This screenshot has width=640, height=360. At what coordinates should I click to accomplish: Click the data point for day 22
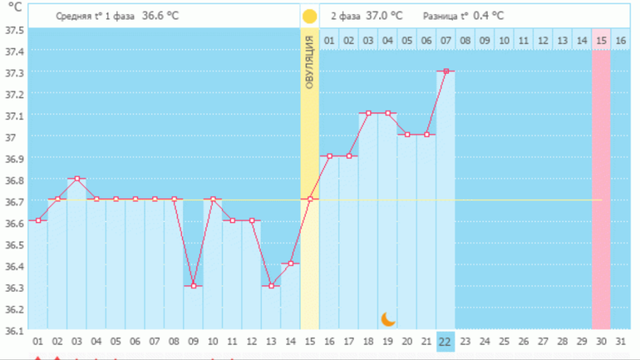click(x=446, y=72)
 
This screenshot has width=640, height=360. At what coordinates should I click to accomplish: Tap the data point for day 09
click(x=194, y=286)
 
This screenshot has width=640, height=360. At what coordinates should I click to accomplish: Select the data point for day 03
click(x=77, y=179)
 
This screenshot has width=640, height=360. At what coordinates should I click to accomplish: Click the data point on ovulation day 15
click(x=310, y=199)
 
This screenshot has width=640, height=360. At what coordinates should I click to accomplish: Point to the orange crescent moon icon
click(x=388, y=318)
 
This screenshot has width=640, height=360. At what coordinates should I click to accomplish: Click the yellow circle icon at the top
click(x=310, y=16)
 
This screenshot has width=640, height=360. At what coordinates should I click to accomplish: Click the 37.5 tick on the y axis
click(x=13, y=31)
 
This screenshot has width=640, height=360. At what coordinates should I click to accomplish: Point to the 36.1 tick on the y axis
click(x=13, y=331)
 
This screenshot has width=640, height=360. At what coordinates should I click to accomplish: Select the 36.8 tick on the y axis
click(x=13, y=180)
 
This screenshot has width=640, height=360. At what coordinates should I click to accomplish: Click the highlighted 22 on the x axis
click(x=446, y=342)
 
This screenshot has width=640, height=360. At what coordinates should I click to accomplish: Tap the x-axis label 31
click(x=620, y=342)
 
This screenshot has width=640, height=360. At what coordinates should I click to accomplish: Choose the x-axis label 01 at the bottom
click(x=38, y=342)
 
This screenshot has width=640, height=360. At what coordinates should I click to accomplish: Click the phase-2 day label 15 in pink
click(x=601, y=40)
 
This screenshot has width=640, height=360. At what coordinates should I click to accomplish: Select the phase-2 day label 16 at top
click(x=620, y=40)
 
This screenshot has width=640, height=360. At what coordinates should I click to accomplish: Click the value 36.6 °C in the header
click(x=160, y=16)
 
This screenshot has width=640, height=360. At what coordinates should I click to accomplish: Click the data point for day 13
click(x=271, y=286)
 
